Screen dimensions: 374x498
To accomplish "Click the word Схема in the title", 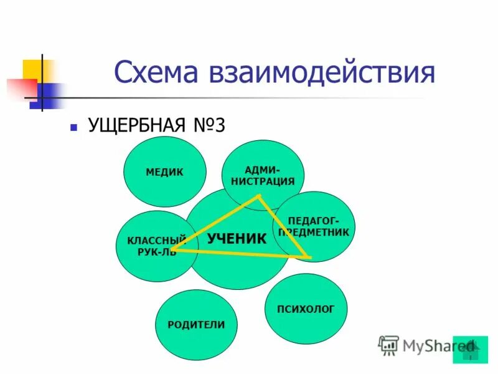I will (x=156, y=72).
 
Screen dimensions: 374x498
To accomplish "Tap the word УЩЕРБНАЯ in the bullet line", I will (x=136, y=125).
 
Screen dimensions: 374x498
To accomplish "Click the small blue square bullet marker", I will (x=73, y=127).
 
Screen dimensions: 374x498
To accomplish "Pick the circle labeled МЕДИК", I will (x=164, y=171).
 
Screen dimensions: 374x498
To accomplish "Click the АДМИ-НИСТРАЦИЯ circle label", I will (x=263, y=175).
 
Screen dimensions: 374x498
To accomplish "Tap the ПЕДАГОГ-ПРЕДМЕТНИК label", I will (x=314, y=226).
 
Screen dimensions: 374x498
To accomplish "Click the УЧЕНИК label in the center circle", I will (x=237, y=238).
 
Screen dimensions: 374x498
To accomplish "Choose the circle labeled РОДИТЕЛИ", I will (x=196, y=325).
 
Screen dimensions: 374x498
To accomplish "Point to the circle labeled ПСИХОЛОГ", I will (x=306, y=309).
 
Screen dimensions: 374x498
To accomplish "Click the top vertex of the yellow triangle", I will (x=258, y=196).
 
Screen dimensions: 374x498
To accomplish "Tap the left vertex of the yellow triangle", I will (x=171, y=250).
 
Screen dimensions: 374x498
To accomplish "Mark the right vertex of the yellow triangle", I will (x=308, y=257).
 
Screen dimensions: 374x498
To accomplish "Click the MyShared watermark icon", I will (x=388, y=345).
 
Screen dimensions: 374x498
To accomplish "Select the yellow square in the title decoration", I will (x=32, y=70).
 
